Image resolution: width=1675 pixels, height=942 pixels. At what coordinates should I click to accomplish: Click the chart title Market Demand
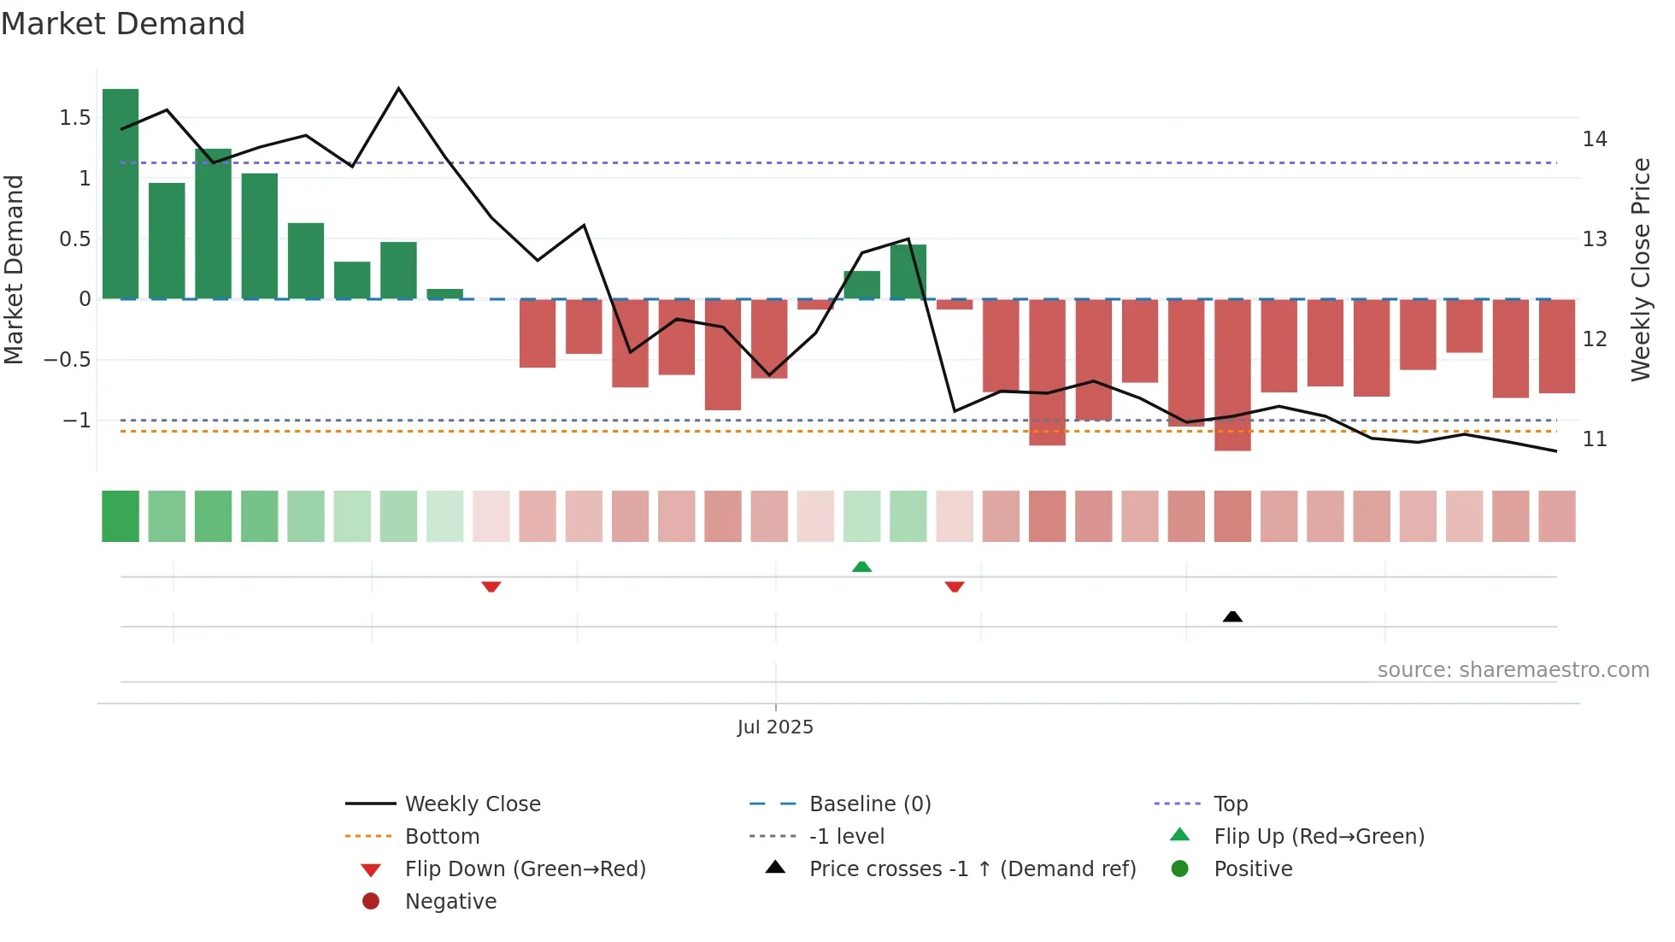click(123, 24)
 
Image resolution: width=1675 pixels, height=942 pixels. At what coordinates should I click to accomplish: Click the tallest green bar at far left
click(120, 194)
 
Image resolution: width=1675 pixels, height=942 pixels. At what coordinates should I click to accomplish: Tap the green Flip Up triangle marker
click(861, 567)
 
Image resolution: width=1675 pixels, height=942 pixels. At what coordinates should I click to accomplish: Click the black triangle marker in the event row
click(1232, 616)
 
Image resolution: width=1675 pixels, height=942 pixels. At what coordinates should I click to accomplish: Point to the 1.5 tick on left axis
click(75, 118)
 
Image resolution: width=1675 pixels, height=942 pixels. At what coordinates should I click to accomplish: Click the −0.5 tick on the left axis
click(68, 360)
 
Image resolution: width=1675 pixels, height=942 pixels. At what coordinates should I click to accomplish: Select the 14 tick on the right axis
click(1595, 138)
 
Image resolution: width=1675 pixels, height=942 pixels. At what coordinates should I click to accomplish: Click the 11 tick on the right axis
click(1595, 439)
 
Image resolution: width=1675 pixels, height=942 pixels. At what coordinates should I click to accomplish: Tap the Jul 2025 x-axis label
click(775, 727)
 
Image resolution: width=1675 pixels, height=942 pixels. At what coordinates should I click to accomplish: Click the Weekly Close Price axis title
click(1640, 269)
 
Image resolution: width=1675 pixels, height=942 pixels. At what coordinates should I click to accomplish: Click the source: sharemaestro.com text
click(1513, 670)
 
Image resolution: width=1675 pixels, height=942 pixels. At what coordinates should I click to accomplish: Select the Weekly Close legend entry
click(472, 804)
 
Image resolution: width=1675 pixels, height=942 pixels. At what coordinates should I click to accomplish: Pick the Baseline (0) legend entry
click(869, 804)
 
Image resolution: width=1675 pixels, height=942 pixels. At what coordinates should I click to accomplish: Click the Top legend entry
click(1231, 804)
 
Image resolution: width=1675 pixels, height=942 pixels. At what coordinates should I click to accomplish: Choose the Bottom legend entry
click(442, 837)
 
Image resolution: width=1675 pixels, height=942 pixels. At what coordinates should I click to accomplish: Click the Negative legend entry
click(450, 902)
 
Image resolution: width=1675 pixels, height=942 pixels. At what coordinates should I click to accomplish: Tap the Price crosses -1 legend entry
click(972, 869)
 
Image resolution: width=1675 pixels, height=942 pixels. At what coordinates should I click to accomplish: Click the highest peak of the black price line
click(399, 89)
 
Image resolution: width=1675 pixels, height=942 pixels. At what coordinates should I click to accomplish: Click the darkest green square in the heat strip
click(120, 516)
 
